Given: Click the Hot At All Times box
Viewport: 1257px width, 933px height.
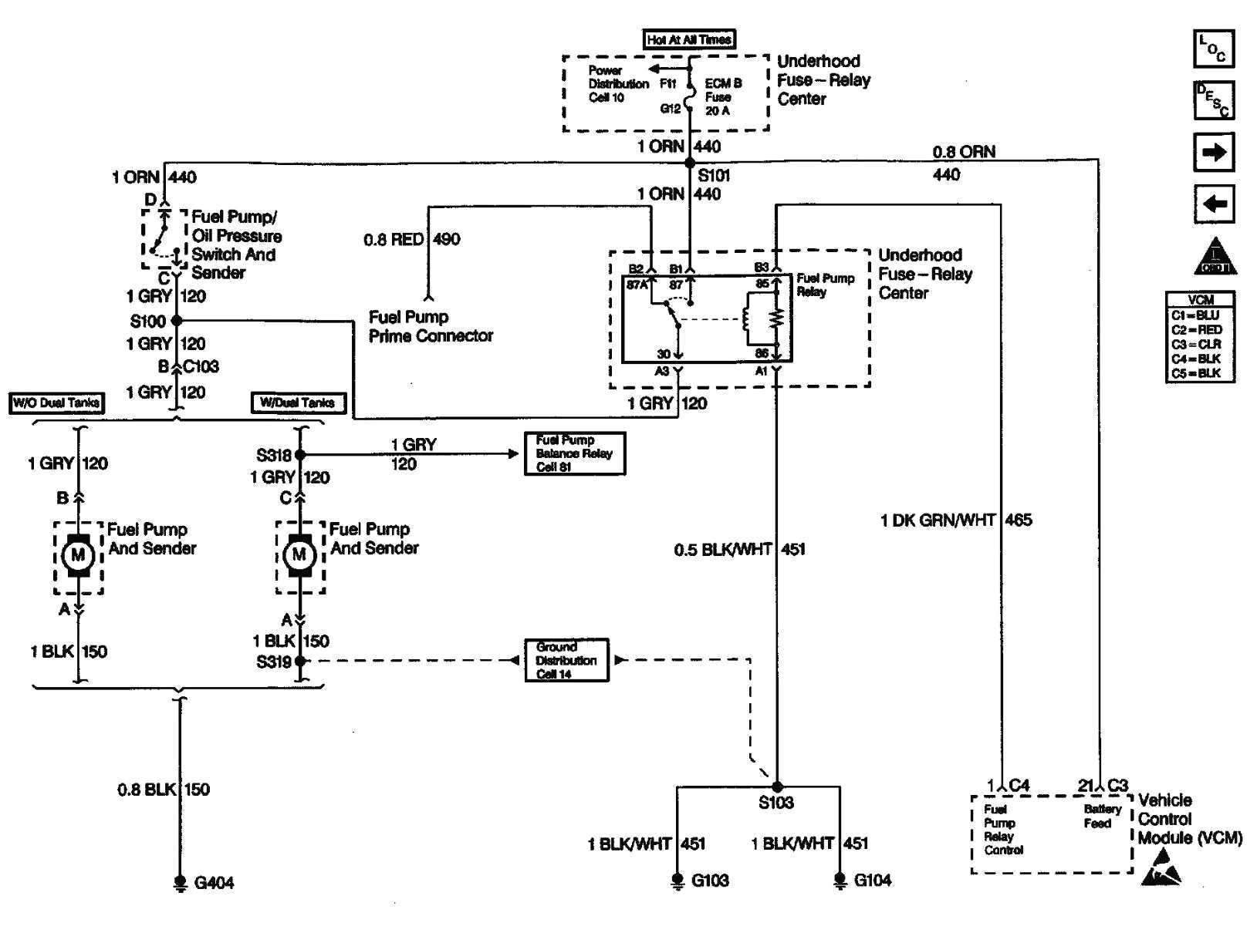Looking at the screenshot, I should click(689, 39).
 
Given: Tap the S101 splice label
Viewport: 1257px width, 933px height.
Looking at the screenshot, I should click(714, 176).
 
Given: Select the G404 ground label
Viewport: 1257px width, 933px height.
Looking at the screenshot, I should click(214, 883).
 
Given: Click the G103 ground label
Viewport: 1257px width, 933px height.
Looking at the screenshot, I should click(710, 881).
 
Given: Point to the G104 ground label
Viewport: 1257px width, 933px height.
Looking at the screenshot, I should click(873, 881).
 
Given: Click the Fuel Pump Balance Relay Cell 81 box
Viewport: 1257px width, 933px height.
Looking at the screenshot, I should click(574, 453).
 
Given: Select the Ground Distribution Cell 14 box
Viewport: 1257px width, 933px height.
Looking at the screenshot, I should click(566, 660).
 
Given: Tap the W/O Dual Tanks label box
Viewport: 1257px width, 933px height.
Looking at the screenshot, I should click(56, 403).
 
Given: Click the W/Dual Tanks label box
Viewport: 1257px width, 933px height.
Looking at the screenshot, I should click(298, 403).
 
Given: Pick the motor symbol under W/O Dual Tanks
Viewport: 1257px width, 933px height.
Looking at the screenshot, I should click(77, 555).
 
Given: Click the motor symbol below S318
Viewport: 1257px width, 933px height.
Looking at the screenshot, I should click(299, 555).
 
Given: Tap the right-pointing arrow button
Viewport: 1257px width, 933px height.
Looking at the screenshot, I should click(1214, 152).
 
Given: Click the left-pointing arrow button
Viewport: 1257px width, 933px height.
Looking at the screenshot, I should click(1214, 204).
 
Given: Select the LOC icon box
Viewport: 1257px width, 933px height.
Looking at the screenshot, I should click(1213, 49).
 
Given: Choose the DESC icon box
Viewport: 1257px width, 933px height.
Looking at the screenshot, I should click(1213, 101).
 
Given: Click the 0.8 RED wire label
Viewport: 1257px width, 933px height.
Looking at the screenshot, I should click(394, 240).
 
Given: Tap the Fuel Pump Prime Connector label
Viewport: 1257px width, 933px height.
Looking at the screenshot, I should click(431, 326).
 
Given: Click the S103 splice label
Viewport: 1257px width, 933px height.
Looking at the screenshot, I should click(775, 803).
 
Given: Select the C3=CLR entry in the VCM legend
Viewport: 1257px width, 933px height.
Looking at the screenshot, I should click(1196, 345).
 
